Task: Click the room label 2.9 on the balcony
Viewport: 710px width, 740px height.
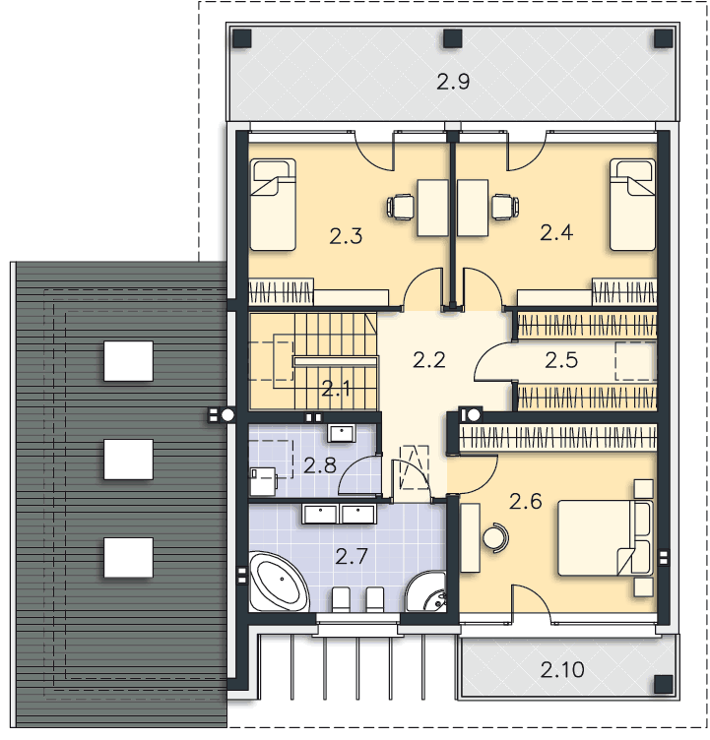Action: (453, 82)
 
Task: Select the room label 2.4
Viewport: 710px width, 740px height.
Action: (556, 232)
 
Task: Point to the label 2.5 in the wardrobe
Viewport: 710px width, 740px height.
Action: (562, 360)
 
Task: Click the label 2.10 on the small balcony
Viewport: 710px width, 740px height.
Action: (562, 671)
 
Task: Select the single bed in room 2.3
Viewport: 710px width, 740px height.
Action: (273, 204)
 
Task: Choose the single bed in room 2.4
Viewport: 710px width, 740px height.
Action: (633, 204)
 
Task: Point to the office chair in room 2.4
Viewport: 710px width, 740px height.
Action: (504, 207)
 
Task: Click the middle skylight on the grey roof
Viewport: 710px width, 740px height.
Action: (129, 459)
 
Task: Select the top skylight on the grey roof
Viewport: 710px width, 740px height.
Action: (129, 361)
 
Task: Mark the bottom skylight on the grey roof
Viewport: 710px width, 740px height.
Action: (129, 557)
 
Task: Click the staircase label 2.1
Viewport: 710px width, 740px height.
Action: (336, 389)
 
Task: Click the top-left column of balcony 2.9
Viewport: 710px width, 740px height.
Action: (242, 38)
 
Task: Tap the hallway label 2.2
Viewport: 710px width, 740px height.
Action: (429, 359)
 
